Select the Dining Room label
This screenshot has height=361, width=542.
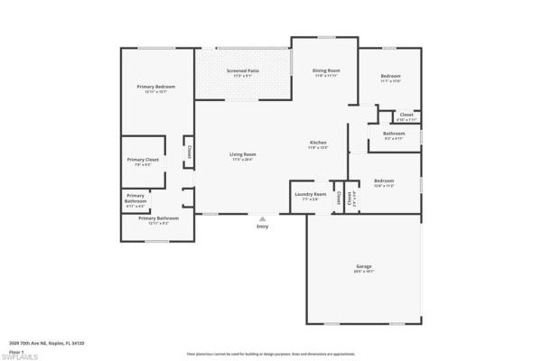(326, 70)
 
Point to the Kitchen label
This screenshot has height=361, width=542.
(318, 143)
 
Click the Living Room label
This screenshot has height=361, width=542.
(243, 154)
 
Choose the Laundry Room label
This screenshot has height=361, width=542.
(308, 193)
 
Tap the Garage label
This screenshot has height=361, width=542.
(363, 266)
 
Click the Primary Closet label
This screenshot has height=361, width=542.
(143, 160)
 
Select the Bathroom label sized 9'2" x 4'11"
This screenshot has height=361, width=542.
(394, 134)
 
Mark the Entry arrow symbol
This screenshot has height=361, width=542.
(263, 218)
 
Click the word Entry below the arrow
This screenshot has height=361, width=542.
(263, 227)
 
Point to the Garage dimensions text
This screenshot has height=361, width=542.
(363, 271)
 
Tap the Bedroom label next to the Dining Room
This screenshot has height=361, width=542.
(390, 76)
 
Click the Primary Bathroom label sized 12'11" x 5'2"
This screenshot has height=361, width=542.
(158, 218)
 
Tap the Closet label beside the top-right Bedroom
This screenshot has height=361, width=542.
(406, 115)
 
